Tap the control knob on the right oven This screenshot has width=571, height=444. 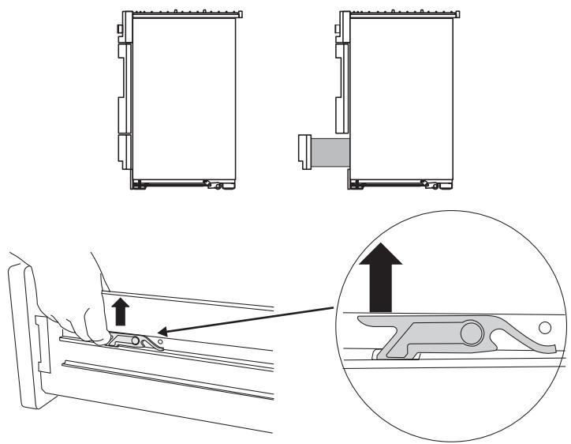(337, 30)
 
